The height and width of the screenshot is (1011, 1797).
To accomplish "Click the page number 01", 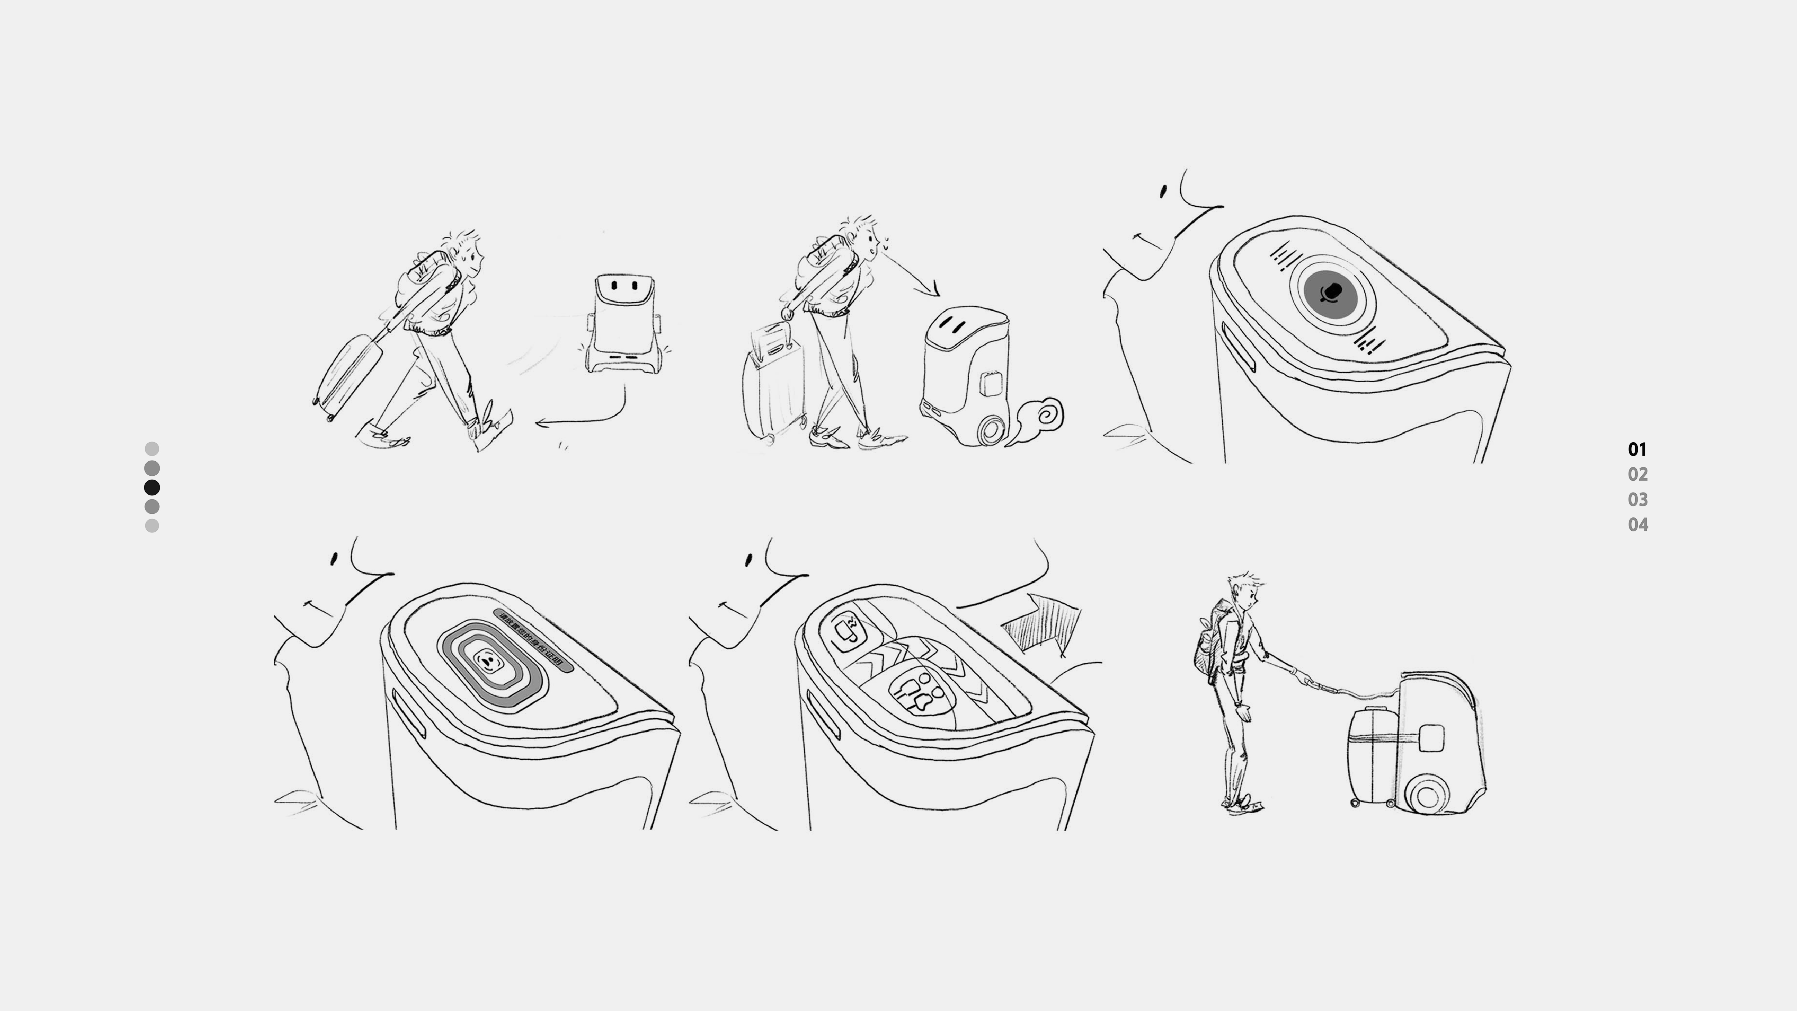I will pyautogui.click(x=1637, y=449).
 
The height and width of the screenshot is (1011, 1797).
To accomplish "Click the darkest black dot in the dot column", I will pyautogui.click(x=151, y=487).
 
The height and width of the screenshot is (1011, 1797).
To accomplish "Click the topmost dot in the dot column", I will pyautogui.click(x=151, y=449).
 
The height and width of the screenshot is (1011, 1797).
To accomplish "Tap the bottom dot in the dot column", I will pyautogui.click(x=151, y=525).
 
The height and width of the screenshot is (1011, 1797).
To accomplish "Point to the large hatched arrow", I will pyautogui.click(x=1043, y=623).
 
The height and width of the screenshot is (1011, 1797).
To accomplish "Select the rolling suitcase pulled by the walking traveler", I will pyautogui.click(x=348, y=377).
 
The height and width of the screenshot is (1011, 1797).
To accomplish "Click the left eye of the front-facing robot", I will pyautogui.click(x=615, y=285).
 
